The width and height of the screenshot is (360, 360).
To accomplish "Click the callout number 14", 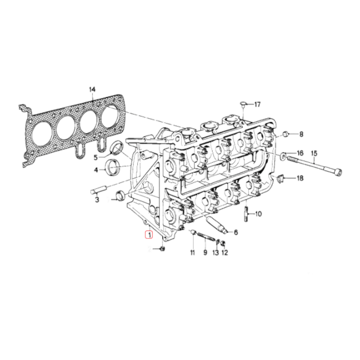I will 92,89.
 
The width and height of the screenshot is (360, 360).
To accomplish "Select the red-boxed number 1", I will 149,235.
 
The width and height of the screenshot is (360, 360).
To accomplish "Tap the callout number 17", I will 257,105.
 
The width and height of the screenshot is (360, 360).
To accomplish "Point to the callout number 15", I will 314,153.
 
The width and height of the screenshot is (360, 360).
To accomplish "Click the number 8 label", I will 301,134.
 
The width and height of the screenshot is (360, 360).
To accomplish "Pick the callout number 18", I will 300,178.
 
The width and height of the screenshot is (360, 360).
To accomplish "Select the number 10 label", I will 259,214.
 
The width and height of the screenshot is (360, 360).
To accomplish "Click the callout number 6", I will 236,232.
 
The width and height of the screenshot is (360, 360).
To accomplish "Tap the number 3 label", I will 97,200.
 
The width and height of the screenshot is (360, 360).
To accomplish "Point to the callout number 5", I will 95,157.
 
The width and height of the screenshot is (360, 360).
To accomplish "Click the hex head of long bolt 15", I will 339,172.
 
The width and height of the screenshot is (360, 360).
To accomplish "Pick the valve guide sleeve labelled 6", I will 217,225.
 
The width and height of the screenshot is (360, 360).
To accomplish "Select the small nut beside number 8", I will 286,134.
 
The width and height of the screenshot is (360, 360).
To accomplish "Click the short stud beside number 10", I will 246,214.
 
